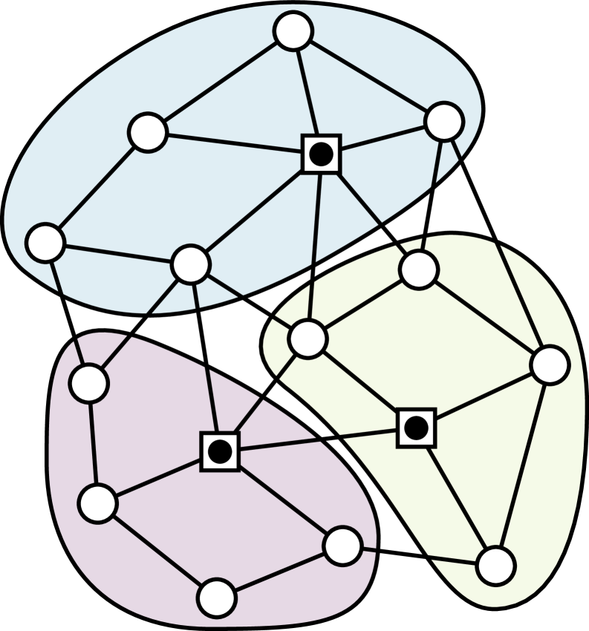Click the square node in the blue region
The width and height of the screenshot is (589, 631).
click(321, 154)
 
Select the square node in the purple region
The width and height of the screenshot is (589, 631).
click(220, 451)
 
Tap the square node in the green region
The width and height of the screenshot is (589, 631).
click(416, 428)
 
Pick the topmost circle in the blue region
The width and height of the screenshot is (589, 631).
click(293, 31)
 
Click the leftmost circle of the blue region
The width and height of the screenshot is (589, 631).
click(45, 243)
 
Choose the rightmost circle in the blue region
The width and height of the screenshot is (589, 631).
click(444, 121)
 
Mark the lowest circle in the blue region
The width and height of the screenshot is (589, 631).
click(190, 264)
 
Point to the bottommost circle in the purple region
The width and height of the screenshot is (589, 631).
click(217, 598)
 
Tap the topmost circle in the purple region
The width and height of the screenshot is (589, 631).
click(89, 384)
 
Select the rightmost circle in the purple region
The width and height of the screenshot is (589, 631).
click(342, 546)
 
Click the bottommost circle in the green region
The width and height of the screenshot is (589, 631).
click(495, 566)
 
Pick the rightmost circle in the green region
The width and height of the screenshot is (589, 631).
click(550, 365)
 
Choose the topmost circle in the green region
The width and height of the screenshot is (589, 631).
click(419, 269)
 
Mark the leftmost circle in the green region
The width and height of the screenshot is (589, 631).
click(307, 339)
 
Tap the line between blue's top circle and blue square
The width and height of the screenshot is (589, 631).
click(307, 93)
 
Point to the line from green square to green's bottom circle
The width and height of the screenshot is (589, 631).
click(455, 497)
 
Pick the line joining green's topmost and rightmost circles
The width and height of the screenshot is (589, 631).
click(484, 318)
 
